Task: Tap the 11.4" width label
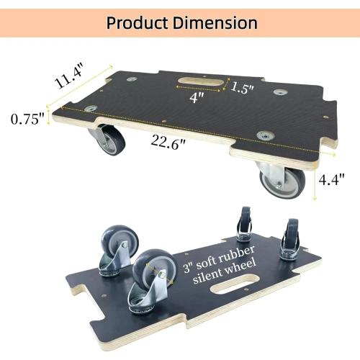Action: tap(71, 74)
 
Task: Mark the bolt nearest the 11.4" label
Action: tap(130, 80)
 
